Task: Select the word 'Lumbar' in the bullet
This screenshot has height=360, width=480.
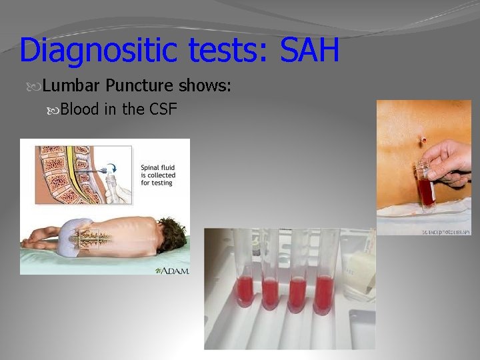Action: [71, 86]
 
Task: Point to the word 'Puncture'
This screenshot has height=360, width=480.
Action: [140, 86]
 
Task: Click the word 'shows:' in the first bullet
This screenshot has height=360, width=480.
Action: [204, 86]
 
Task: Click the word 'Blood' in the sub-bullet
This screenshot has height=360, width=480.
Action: [79, 109]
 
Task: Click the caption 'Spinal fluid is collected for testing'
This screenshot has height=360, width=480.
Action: [158, 175]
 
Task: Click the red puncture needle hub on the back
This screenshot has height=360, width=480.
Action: [423, 141]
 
